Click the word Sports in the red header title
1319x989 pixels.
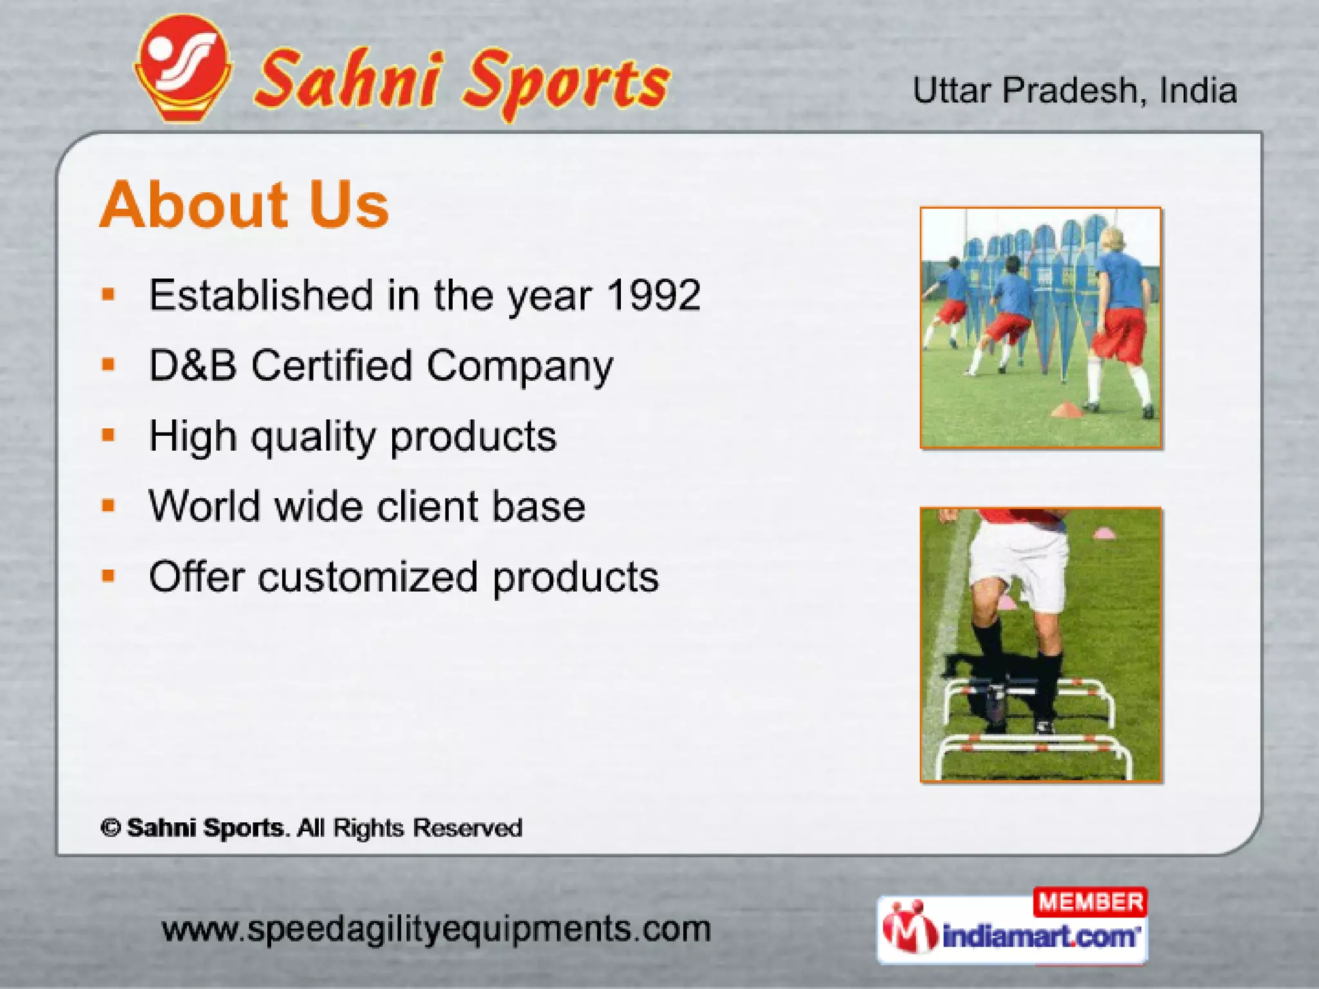tap(567, 84)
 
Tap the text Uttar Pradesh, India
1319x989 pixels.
tap(1074, 91)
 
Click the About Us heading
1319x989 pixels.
tap(244, 205)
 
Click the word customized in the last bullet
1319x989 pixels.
tap(368, 577)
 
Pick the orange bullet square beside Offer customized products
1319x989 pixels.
tap(108, 576)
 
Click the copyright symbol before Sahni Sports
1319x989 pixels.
tap(111, 828)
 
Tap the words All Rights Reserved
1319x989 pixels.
tap(410, 828)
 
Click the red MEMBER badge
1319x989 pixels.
tap(1090, 902)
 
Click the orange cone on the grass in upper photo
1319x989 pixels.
tap(1068, 410)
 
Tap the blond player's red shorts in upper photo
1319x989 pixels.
tap(1121, 335)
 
